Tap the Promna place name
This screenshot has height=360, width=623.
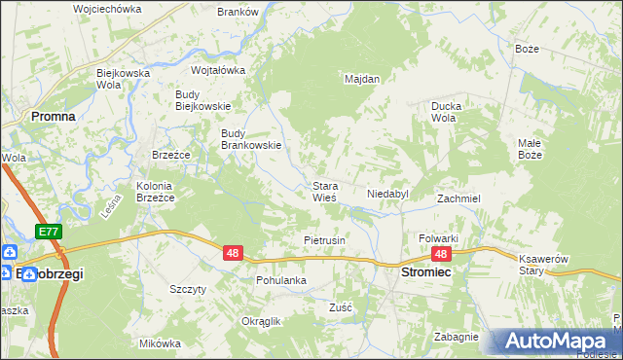click(x=54, y=115)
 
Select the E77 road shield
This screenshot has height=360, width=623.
click(x=51, y=232)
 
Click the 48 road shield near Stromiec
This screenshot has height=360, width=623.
click(x=441, y=254)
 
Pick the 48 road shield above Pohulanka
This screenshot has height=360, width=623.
click(x=232, y=253)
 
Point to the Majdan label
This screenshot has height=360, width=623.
click(x=361, y=79)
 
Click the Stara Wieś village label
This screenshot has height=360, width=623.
click(x=324, y=191)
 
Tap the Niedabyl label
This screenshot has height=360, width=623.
click(x=386, y=194)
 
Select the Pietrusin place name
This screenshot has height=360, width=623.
click(x=325, y=239)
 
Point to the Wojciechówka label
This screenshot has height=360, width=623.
click(x=107, y=9)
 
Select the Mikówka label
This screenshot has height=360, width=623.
click(x=161, y=343)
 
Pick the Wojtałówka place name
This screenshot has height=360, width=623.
click(x=218, y=70)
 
